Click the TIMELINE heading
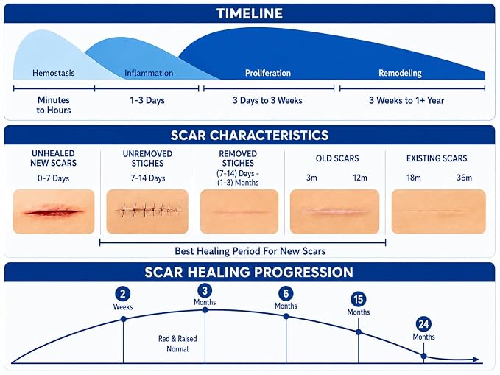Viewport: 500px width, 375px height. tap(250, 14)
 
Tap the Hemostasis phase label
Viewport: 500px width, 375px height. tap(54, 73)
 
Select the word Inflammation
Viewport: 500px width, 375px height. tap(149, 73)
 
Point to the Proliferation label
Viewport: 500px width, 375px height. tap(268, 73)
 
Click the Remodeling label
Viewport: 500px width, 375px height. tap(400, 74)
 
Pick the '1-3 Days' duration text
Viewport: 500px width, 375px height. tap(147, 100)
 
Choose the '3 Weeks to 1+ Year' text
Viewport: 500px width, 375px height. tap(406, 100)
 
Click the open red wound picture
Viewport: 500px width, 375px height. tap(54, 211)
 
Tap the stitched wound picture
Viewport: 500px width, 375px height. tap(147, 211)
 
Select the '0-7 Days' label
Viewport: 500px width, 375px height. tap(53, 178)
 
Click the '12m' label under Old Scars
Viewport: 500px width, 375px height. tap(359, 178)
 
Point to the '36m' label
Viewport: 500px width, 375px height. tap(464, 178)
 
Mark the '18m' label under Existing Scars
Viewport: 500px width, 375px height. tap(414, 178)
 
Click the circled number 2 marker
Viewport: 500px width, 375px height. tap(123, 294)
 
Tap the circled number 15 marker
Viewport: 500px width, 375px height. tap(358, 299)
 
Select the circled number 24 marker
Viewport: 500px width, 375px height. tap(423, 324)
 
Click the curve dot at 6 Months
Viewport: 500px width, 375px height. tap(286, 316)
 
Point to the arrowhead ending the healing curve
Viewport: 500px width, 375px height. tap(476, 360)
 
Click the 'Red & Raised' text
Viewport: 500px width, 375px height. tap(177, 339)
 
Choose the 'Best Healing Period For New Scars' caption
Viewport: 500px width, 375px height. tap(250, 251)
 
